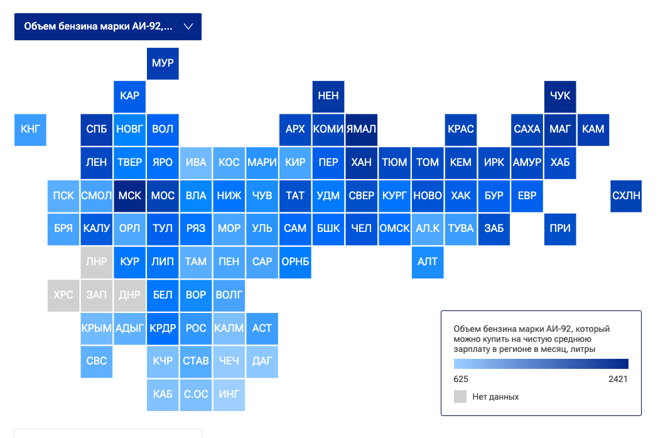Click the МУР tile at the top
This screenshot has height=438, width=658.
point(163,63)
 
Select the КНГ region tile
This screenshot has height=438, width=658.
point(30,129)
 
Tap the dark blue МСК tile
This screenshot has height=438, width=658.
point(130,196)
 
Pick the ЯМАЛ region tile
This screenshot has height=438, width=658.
point(361,129)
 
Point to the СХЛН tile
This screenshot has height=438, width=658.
point(626,196)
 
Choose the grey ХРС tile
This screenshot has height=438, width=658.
point(63,295)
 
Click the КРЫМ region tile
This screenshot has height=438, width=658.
point(97,329)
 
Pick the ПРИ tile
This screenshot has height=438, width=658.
point(560,229)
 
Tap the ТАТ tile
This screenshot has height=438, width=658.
point(295,196)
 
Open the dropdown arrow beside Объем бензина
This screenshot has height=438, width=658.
point(188,26)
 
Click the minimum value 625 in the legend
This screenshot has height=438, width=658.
point(461,379)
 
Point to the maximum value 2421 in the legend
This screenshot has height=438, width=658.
point(618,379)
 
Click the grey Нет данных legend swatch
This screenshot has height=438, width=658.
point(460,397)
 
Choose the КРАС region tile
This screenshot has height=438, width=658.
point(461,129)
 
